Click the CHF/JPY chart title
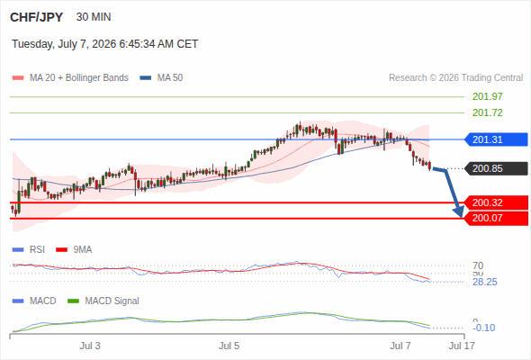pyautogui.click(x=37, y=17)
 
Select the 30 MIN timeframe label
pyautogui.click(x=94, y=17)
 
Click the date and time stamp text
pyautogui.click(x=105, y=44)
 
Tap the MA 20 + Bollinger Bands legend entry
pyautogui.click(x=70, y=78)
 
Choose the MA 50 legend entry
pyautogui.click(x=161, y=78)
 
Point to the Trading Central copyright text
pyautogui.click(x=455, y=78)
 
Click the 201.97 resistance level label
pyautogui.click(x=487, y=96)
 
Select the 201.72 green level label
pyautogui.click(x=487, y=112)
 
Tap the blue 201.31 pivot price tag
pyautogui.click(x=496, y=139)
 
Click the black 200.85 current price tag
pyautogui.click(x=496, y=168)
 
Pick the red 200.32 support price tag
pyautogui.click(x=496, y=202)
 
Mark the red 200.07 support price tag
pyautogui.click(x=496, y=218)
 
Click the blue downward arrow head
pyautogui.click(x=459, y=211)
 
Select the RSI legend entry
pyautogui.click(x=29, y=249)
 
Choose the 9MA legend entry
pyautogui.click(x=74, y=249)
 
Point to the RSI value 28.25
pyautogui.click(x=484, y=282)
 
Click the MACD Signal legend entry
pyautogui.click(x=103, y=301)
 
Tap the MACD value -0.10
pyautogui.click(x=484, y=328)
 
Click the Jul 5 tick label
pyautogui.click(x=229, y=346)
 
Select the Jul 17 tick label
pyautogui.click(x=462, y=346)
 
